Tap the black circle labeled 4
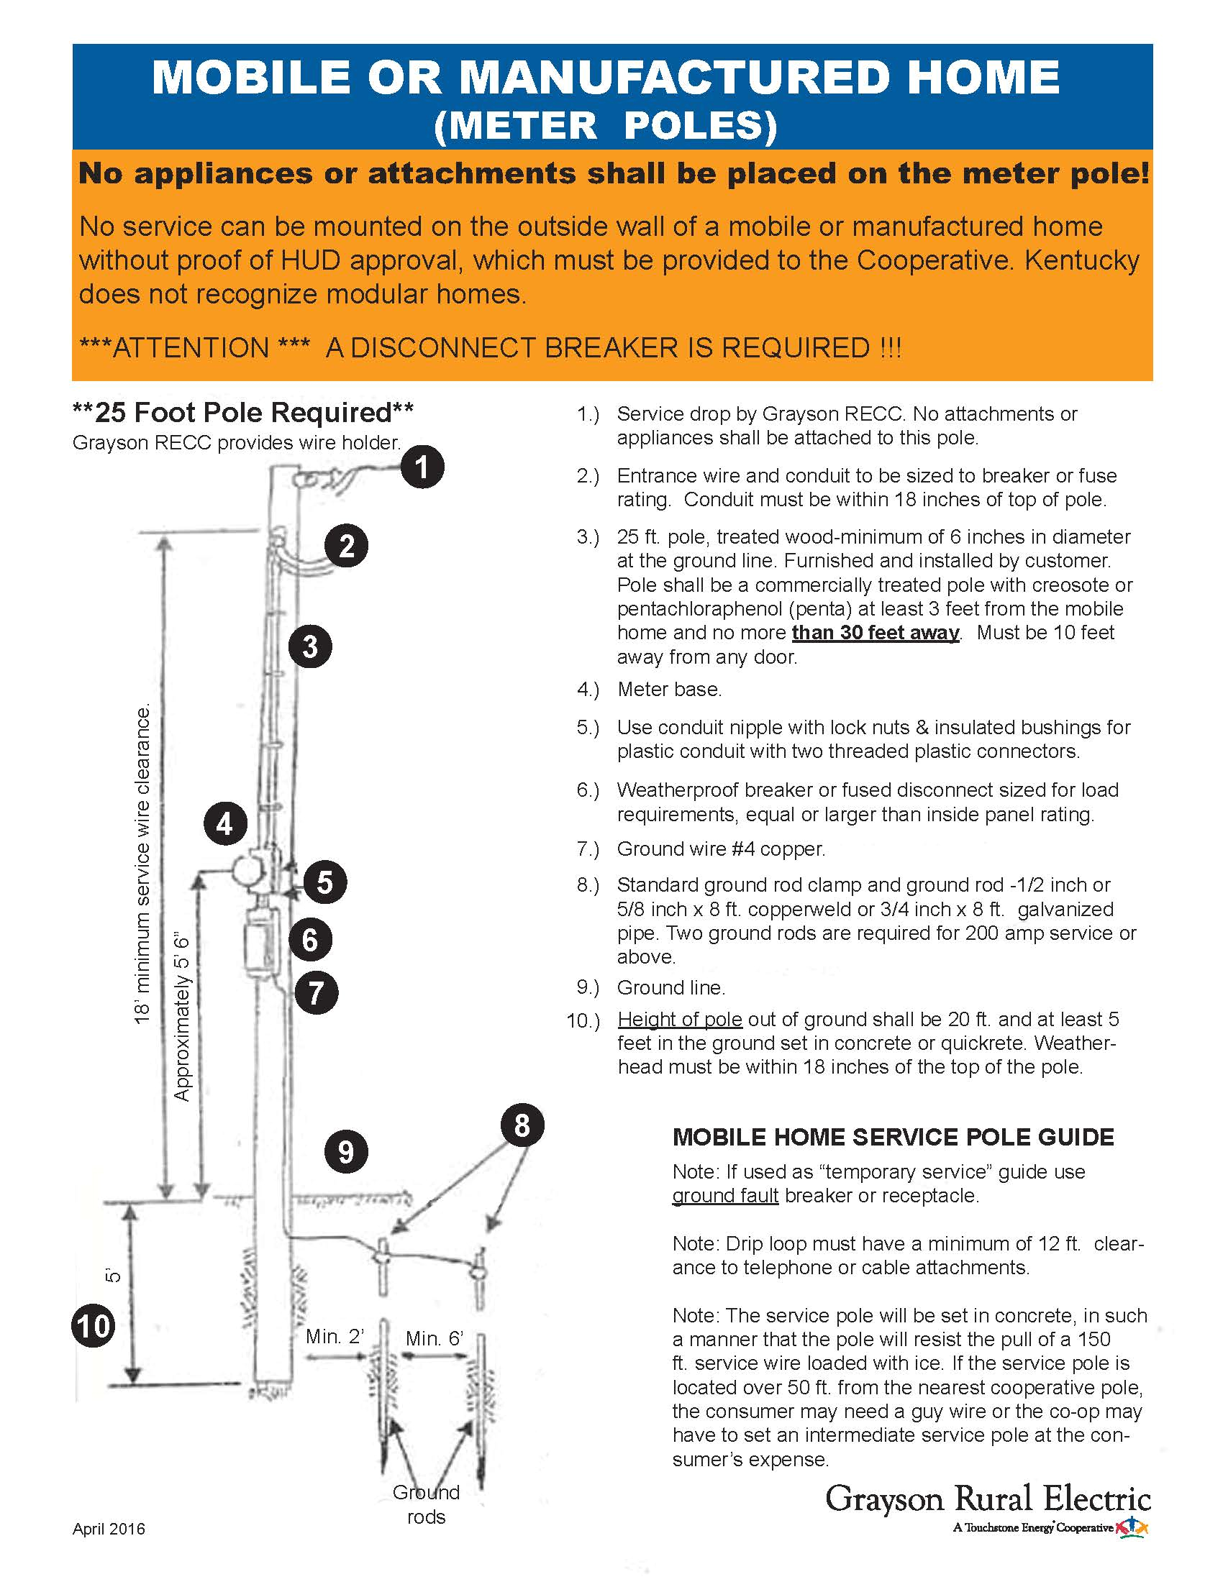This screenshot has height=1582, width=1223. (x=224, y=823)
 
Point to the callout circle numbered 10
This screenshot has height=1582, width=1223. (x=94, y=1326)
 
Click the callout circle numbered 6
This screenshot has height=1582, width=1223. (x=310, y=940)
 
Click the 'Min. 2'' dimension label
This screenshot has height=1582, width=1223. (x=334, y=1337)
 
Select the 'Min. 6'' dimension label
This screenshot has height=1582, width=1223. (x=434, y=1338)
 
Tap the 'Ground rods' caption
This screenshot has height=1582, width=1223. (x=426, y=1504)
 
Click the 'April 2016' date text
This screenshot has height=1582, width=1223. (x=109, y=1529)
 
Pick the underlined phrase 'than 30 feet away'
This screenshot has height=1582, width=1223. (x=876, y=632)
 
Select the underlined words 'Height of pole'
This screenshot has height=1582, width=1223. (x=680, y=1019)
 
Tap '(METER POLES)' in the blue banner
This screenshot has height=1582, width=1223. (x=605, y=124)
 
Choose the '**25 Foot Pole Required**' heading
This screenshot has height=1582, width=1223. (x=242, y=412)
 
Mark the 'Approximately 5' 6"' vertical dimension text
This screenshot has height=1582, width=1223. (x=181, y=1018)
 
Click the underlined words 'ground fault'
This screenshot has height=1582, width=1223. (x=724, y=1196)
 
